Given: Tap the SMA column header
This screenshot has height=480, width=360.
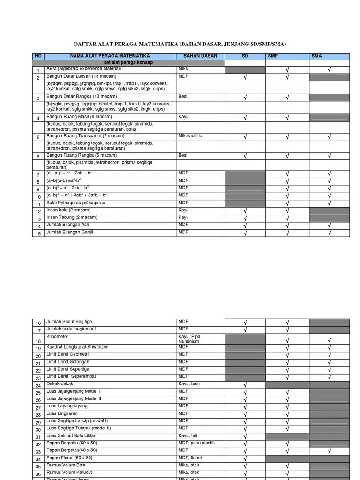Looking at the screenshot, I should point(316,56).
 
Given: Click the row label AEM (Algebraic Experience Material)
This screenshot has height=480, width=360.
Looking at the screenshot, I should point(83,69).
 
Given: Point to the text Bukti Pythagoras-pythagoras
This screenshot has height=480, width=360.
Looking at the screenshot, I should point(75,203).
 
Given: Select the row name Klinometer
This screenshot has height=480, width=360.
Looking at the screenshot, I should point(58,337).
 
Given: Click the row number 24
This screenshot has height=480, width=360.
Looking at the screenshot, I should point(38,385).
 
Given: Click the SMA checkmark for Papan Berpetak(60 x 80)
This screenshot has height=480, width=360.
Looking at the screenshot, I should point(330,452).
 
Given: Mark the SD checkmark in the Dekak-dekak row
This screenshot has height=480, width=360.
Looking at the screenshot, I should point(245,385).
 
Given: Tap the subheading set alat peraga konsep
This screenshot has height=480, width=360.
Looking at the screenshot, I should point(128,62).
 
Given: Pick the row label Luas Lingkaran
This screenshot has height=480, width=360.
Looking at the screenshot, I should point(62,414).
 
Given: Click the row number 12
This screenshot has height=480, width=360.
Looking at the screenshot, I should point(38,212).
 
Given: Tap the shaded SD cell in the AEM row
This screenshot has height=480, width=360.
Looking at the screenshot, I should point(245,70).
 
